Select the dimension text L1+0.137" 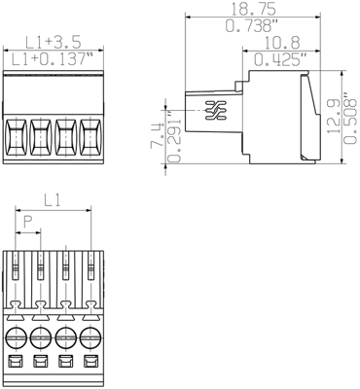pos(54,61)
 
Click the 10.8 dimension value pos(281,44)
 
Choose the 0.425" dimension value pos(281,60)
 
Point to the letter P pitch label pos(27,234)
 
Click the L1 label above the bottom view pos(54,201)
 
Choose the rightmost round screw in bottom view pos(90,339)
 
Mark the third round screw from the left pos(66,339)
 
